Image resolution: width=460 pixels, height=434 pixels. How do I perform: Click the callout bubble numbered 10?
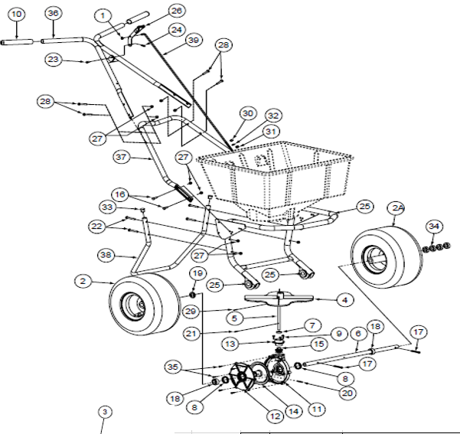click(x=17, y=15)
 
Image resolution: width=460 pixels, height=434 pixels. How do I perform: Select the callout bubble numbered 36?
click(x=52, y=15)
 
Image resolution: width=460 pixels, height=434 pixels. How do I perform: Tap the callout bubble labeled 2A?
click(x=396, y=208)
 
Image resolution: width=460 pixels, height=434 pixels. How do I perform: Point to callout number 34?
click(x=434, y=226)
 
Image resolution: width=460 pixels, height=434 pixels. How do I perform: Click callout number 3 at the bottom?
click(x=105, y=412)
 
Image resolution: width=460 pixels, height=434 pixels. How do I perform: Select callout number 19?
click(x=197, y=273)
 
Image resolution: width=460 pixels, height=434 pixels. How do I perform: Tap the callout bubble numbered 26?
click(x=176, y=11)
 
